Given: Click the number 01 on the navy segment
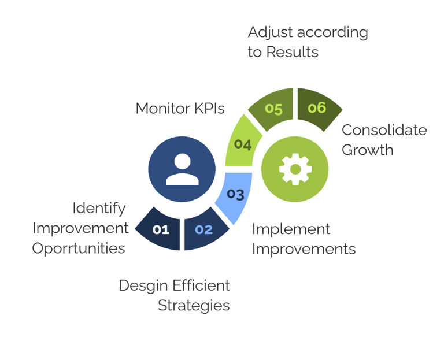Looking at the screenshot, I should pos(161,229).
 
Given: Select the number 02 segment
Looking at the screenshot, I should pos(203,229).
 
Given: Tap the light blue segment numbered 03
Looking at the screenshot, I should pos(235,194).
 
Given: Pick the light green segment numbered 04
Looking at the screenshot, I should pos(243,143).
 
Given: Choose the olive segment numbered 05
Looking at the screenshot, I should pos(273,109).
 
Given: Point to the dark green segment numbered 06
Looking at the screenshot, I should pos(317,107).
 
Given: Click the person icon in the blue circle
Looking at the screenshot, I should pos(182,169).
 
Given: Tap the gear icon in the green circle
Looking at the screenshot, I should pos(295,169).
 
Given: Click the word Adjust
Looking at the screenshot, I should pos(271,32).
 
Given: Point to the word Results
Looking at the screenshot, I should pos(292,52).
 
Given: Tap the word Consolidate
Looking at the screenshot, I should pos(384,130).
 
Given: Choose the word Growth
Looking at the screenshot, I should pos(367,150).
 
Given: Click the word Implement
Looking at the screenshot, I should pos(291,229).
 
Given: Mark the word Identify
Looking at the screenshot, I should pos(99,207).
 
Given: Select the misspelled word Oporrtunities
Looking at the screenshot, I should pos(79,248).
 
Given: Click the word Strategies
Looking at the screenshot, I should pos(194,305).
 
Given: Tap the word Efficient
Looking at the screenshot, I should pos(199,285).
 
